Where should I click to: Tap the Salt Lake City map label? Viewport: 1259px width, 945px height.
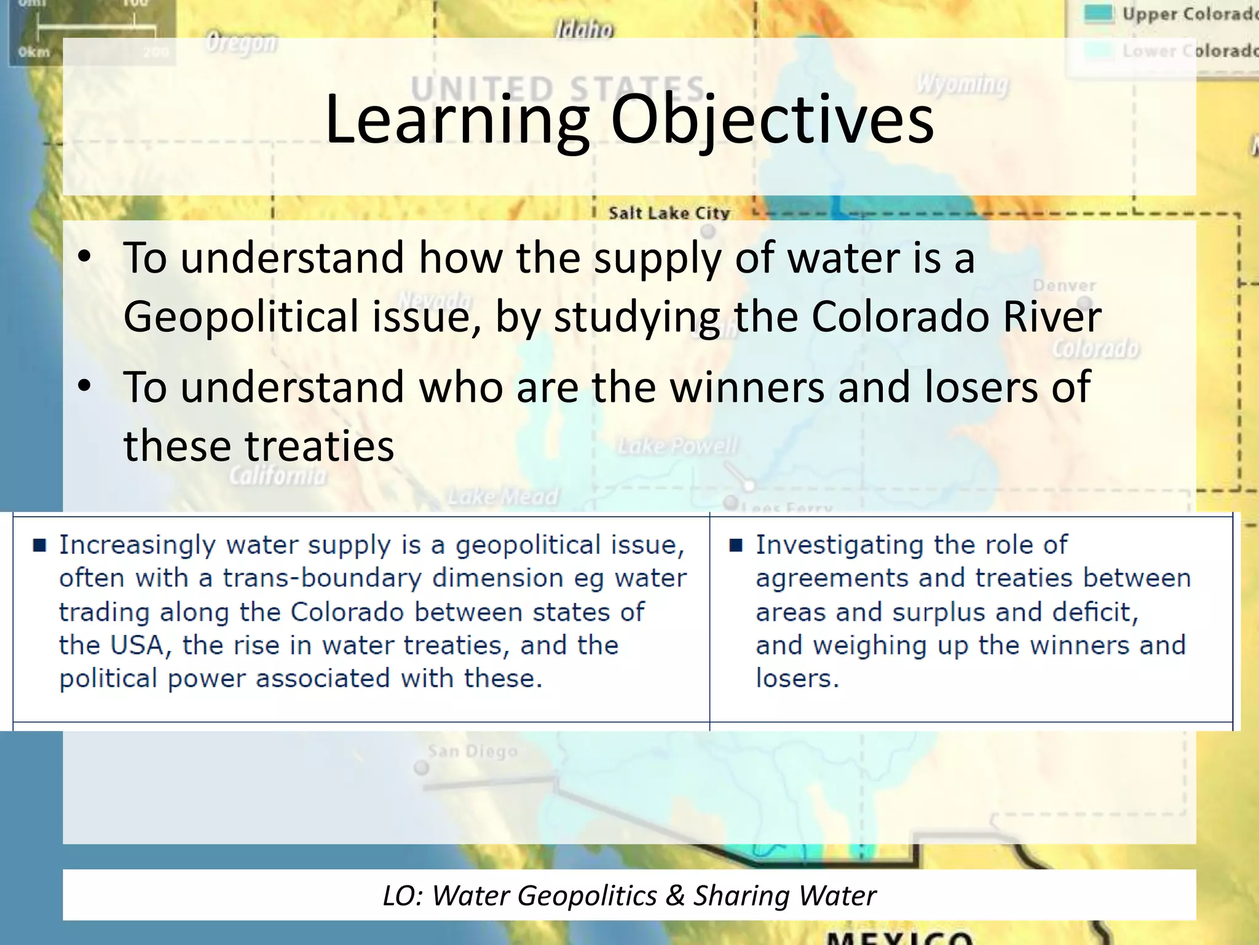coord(669,213)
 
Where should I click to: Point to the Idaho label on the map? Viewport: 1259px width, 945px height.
coord(584,29)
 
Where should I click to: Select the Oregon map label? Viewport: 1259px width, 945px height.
coord(241,43)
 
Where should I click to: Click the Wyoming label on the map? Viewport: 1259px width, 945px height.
coord(963,84)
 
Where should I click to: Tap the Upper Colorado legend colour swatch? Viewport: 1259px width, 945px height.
coord(1098,14)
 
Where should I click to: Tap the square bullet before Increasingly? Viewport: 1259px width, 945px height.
coord(40,545)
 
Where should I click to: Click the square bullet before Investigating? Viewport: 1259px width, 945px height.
coord(736,545)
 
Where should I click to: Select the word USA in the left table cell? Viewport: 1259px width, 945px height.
coord(136,645)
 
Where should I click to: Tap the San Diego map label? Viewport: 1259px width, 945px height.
coord(472,751)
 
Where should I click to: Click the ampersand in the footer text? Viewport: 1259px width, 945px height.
coord(674,896)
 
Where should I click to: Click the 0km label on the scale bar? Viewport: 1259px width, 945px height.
coord(34,52)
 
